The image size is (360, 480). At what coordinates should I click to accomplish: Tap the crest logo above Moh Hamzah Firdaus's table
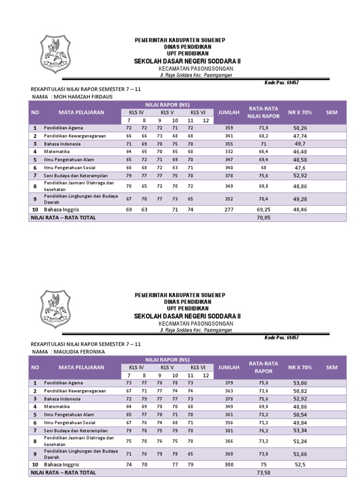pyautogui.click(x=55, y=50)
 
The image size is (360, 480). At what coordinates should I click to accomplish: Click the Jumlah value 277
pyautogui.click(x=229, y=210)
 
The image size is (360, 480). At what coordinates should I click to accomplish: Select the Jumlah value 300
pyautogui.click(x=229, y=464)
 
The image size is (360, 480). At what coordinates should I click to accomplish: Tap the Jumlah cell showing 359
pyautogui.click(x=229, y=127)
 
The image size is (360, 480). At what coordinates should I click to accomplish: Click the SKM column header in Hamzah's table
pyautogui.click(x=332, y=112)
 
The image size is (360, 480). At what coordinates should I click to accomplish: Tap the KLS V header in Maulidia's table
pyautogui.click(x=167, y=367)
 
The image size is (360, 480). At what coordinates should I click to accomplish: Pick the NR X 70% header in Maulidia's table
pyautogui.click(x=300, y=367)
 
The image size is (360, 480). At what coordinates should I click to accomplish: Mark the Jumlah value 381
pyautogui.click(x=229, y=430)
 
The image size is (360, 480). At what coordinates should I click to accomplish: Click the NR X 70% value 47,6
pyautogui.click(x=300, y=167)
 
